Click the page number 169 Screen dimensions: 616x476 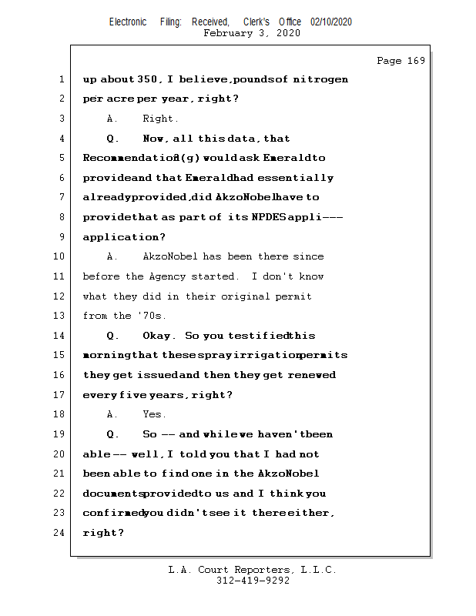pyautogui.click(x=416, y=61)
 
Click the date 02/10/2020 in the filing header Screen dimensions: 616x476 pyautogui.click(x=331, y=22)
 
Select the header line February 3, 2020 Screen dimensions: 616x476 pyautogui.click(x=252, y=33)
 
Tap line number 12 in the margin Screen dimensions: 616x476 pyautogui.click(x=62, y=296)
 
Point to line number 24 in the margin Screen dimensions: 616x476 pyautogui.click(x=62, y=532)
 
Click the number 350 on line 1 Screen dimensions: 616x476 pyautogui.click(x=149, y=79)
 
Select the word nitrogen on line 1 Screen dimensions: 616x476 pyautogui.click(x=321, y=79)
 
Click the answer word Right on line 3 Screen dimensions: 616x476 pyautogui.click(x=159, y=119)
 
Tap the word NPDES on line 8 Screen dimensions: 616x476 pyautogui.click(x=269, y=217)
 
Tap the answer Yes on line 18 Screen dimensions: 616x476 pyautogui.click(x=154, y=414)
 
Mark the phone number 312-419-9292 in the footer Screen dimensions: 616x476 pyautogui.click(x=253, y=581)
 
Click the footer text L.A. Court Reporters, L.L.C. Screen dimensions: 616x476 pyautogui.click(x=252, y=570)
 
